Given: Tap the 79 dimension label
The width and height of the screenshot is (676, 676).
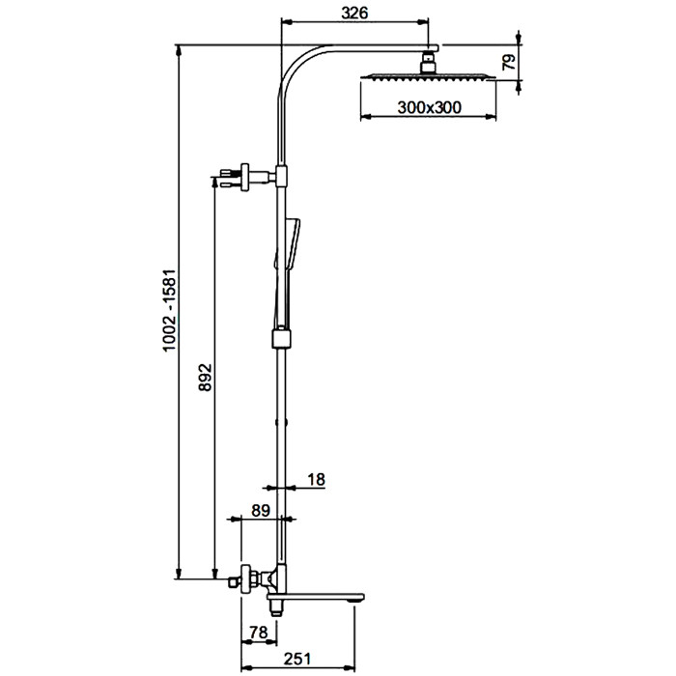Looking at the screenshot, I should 509,66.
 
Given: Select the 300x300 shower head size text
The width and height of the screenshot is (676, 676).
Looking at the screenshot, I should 429,108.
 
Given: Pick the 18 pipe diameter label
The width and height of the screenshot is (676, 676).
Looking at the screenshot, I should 316,478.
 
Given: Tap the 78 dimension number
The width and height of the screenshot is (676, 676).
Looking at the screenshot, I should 258,633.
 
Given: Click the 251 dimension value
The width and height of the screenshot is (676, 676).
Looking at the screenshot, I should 297,659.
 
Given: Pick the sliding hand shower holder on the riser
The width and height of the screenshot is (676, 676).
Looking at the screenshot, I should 281,338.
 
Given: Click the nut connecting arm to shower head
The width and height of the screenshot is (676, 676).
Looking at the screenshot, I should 429,64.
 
